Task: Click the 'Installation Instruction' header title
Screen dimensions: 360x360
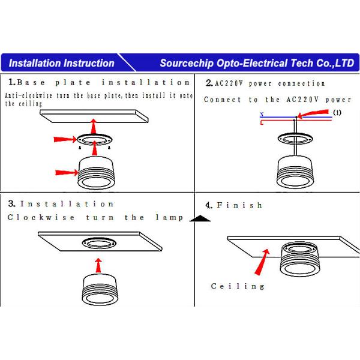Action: tap(62, 63)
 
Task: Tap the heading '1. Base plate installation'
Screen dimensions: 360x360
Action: tap(99, 82)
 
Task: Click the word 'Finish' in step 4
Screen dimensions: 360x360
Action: tap(239, 205)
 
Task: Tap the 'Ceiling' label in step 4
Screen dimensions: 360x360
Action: tap(238, 286)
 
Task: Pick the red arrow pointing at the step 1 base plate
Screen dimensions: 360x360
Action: tap(65, 139)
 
